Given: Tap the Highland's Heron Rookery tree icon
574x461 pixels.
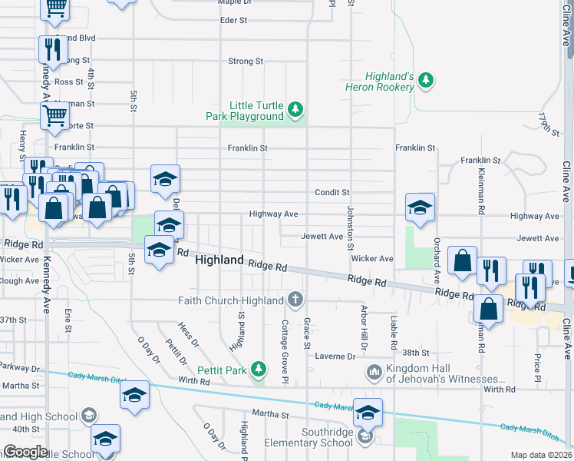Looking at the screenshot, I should pyautogui.click(x=426, y=79).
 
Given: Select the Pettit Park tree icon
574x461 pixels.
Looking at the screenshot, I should pyautogui.click(x=259, y=370).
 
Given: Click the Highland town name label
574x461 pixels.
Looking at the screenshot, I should pyautogui.click(x=219, y=260).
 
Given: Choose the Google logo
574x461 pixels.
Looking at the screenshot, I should pyautogui.click(x=25, y=451).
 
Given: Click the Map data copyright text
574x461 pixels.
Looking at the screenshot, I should pyautogui.click(x=541, y=455).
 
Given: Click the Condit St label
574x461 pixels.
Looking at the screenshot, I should pyautogui.click(x=332, y=192).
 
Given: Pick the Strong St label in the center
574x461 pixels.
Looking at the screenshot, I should pyautogui.click(x=246, y=61).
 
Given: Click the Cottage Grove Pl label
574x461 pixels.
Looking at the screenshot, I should pyautogui.click(x=284, y=351).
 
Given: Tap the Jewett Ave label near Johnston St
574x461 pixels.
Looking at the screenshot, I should pyautogui.click(x=322, y=237).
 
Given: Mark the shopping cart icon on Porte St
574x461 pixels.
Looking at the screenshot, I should pyautogui.click(x=54, y=117).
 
